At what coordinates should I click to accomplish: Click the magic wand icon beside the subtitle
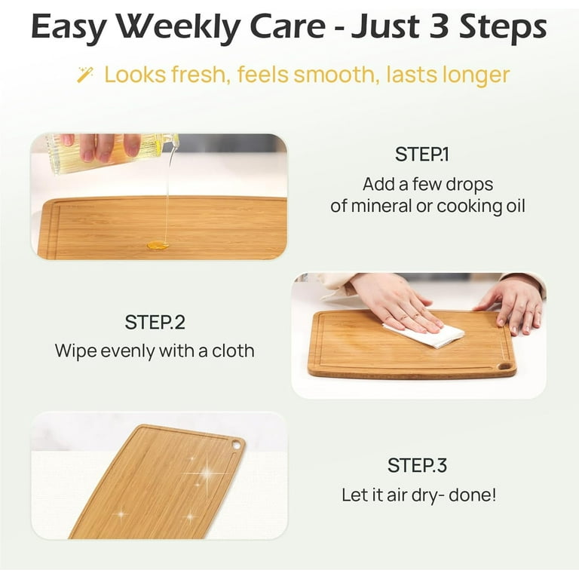pyautogui.click(x=85, y=74)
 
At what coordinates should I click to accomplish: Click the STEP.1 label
pyautogui.click(x=422, y=155)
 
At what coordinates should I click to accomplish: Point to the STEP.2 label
pyautogui.click(x=155, y=322)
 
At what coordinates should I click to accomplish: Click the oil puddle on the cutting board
pyautogui.click(x=157, y=245)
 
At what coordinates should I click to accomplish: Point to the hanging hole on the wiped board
pyautogui.click(x=504, y=366)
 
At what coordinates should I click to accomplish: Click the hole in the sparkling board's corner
pyautogui.click(x=236, y=446)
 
